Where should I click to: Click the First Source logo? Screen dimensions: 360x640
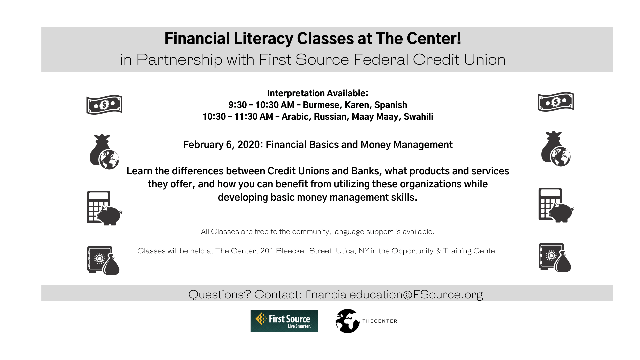284,321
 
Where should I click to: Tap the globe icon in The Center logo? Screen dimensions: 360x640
347,321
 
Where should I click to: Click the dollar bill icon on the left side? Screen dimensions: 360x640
104,105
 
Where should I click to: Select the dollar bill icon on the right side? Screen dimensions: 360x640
556,102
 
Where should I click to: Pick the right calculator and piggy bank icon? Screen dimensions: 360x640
556,205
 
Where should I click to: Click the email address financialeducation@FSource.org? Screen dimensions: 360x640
394,294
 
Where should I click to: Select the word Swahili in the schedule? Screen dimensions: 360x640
418,117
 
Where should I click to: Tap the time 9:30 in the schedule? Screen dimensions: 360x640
237,105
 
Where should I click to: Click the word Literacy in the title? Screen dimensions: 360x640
263,39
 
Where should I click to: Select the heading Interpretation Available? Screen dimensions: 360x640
317,93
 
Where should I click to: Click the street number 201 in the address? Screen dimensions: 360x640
267,251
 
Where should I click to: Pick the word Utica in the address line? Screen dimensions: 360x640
345,251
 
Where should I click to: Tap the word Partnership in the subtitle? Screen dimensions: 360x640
179,60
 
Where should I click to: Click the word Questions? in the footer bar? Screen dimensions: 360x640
219,294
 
